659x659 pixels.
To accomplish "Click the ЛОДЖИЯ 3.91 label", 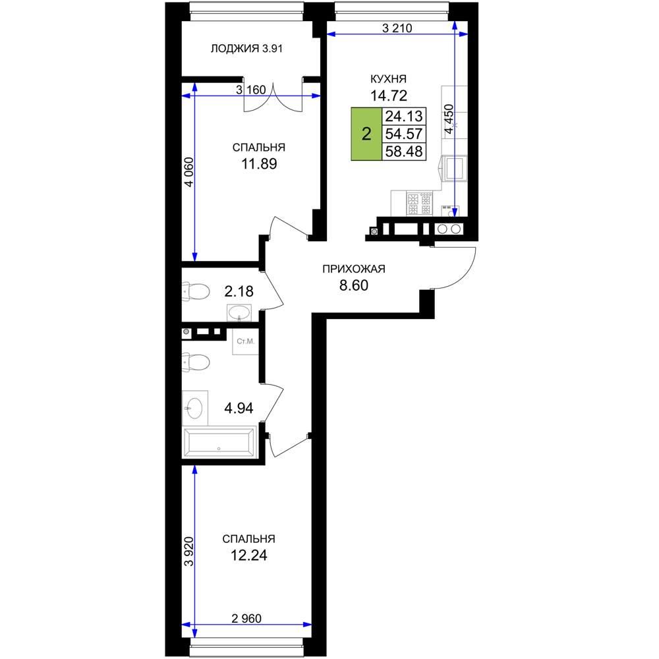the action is point(246,49).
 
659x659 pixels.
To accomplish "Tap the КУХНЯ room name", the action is point(388,79).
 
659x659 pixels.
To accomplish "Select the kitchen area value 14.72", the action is point(389,96).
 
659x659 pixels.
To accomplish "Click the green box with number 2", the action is point(366,134).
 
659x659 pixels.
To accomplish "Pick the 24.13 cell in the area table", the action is point(404,115).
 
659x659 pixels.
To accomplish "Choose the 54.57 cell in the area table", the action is point(404,134).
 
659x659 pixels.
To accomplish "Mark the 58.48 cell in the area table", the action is point(404,152).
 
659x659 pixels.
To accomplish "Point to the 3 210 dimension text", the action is point(397,28).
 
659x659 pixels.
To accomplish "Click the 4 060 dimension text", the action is point(189,172).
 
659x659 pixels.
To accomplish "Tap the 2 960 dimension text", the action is point(246,619).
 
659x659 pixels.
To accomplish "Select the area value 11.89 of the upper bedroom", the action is point(259,163).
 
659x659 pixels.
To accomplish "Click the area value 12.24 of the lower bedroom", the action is point(249,555).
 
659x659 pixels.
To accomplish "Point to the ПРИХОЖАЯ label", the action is point(354,269).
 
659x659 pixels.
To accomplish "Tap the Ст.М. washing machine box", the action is point(245,341).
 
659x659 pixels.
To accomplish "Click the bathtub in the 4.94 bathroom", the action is point(219,442).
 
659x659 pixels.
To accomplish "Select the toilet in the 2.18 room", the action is point(196,291).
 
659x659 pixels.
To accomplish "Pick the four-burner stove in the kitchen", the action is point(419,204).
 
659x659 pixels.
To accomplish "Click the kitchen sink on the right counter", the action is point(453,168).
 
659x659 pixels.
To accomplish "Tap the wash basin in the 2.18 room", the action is point(239,313).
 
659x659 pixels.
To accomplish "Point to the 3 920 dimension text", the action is point(189,551).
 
